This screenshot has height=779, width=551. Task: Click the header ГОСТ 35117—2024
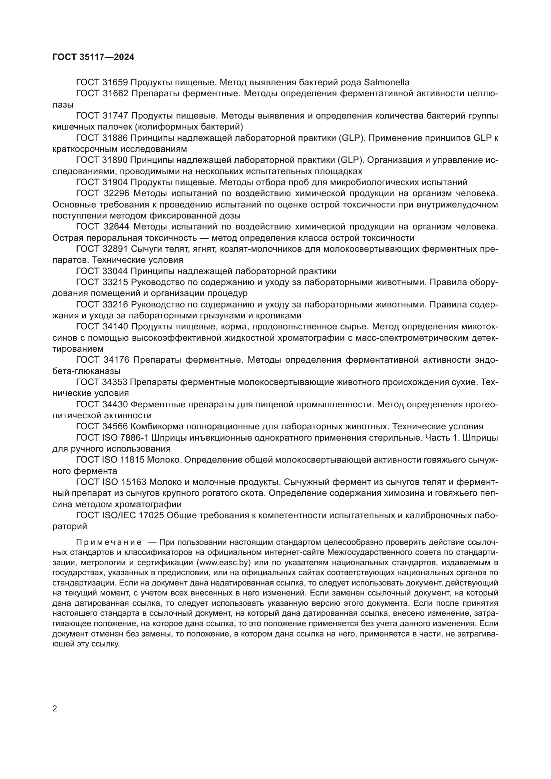click(93, 57)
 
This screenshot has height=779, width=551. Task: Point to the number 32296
click(116, 194)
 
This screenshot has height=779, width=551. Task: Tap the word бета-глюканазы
click(86, 371)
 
